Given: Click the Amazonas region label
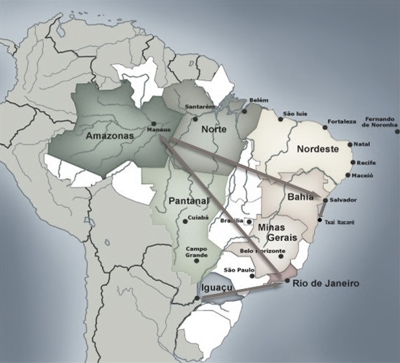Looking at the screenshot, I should (x=113, y=137).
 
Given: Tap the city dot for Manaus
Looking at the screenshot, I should (x=153, y=124).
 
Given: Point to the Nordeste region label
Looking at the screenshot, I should (x=318, y=149).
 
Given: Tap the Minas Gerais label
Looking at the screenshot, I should (x=277, y=232).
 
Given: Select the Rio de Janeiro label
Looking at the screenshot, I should (x=326, y=283).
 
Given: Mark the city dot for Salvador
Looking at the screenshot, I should (x=325, y=200).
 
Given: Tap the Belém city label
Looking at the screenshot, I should (x=258, y=101).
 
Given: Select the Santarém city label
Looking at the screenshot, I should (x=200, y=107).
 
